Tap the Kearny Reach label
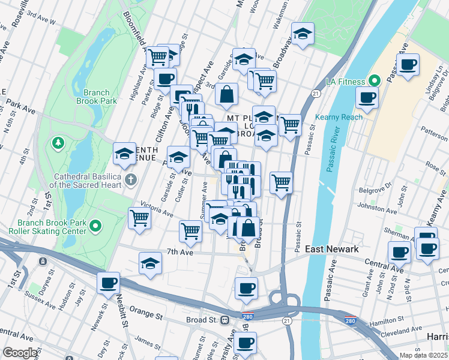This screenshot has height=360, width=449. (x=343, y=117)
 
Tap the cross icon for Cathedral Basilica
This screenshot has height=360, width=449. (x=130, y=179)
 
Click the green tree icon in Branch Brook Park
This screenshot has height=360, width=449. (x=58, y=143)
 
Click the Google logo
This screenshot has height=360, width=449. (x=20, y=353)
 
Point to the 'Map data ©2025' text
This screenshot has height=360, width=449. (x=423, y=355)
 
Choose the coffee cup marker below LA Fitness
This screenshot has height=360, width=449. (x=367, y=97)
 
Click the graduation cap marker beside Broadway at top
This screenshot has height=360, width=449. (x=303, y=34)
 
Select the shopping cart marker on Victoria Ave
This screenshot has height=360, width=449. (x=140, y=218)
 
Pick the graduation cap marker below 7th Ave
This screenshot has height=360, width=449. (x=150, y=263)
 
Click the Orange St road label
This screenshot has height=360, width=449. (x=146, y=313)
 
